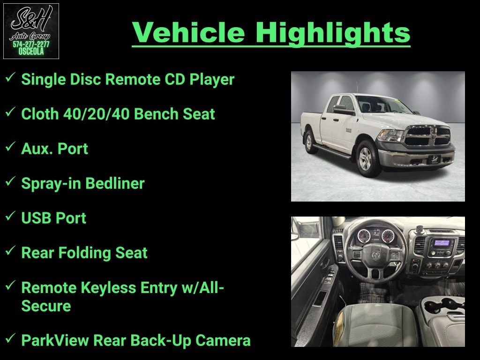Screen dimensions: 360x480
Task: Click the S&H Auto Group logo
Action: [31, 31]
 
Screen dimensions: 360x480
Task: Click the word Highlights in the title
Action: [333, 32]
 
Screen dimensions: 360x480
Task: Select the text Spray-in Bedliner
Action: [82, 183]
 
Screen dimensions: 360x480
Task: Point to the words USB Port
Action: [53, 218]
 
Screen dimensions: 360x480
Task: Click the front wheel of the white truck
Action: [367, 159]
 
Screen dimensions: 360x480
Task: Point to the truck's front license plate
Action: [435, 160]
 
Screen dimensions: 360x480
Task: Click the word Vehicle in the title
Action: [188, 32]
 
